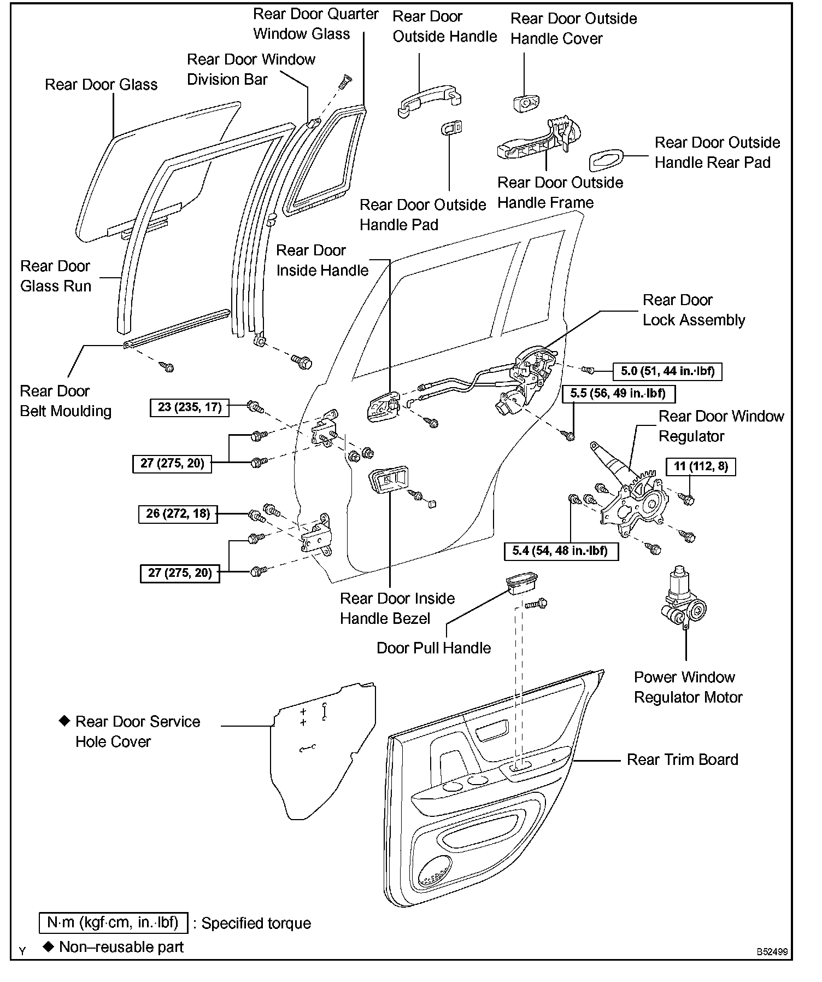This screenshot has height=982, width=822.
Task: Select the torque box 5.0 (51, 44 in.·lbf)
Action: coord(667,371)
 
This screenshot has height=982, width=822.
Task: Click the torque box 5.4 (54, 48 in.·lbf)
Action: coord(561,551)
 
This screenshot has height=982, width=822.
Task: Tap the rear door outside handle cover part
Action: coord(526,102)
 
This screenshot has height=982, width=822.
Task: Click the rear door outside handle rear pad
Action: coord(606,160)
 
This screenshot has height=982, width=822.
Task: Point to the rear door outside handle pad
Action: coord(451,127)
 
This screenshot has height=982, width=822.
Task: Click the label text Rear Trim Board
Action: coord(682,759)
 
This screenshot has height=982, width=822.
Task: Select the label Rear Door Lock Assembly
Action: coord(694,310)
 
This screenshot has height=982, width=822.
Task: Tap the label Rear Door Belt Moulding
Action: coord(66,401)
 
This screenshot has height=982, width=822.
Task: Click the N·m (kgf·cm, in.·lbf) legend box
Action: coord(113,922)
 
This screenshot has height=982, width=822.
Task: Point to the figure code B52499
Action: coord(772,952)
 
